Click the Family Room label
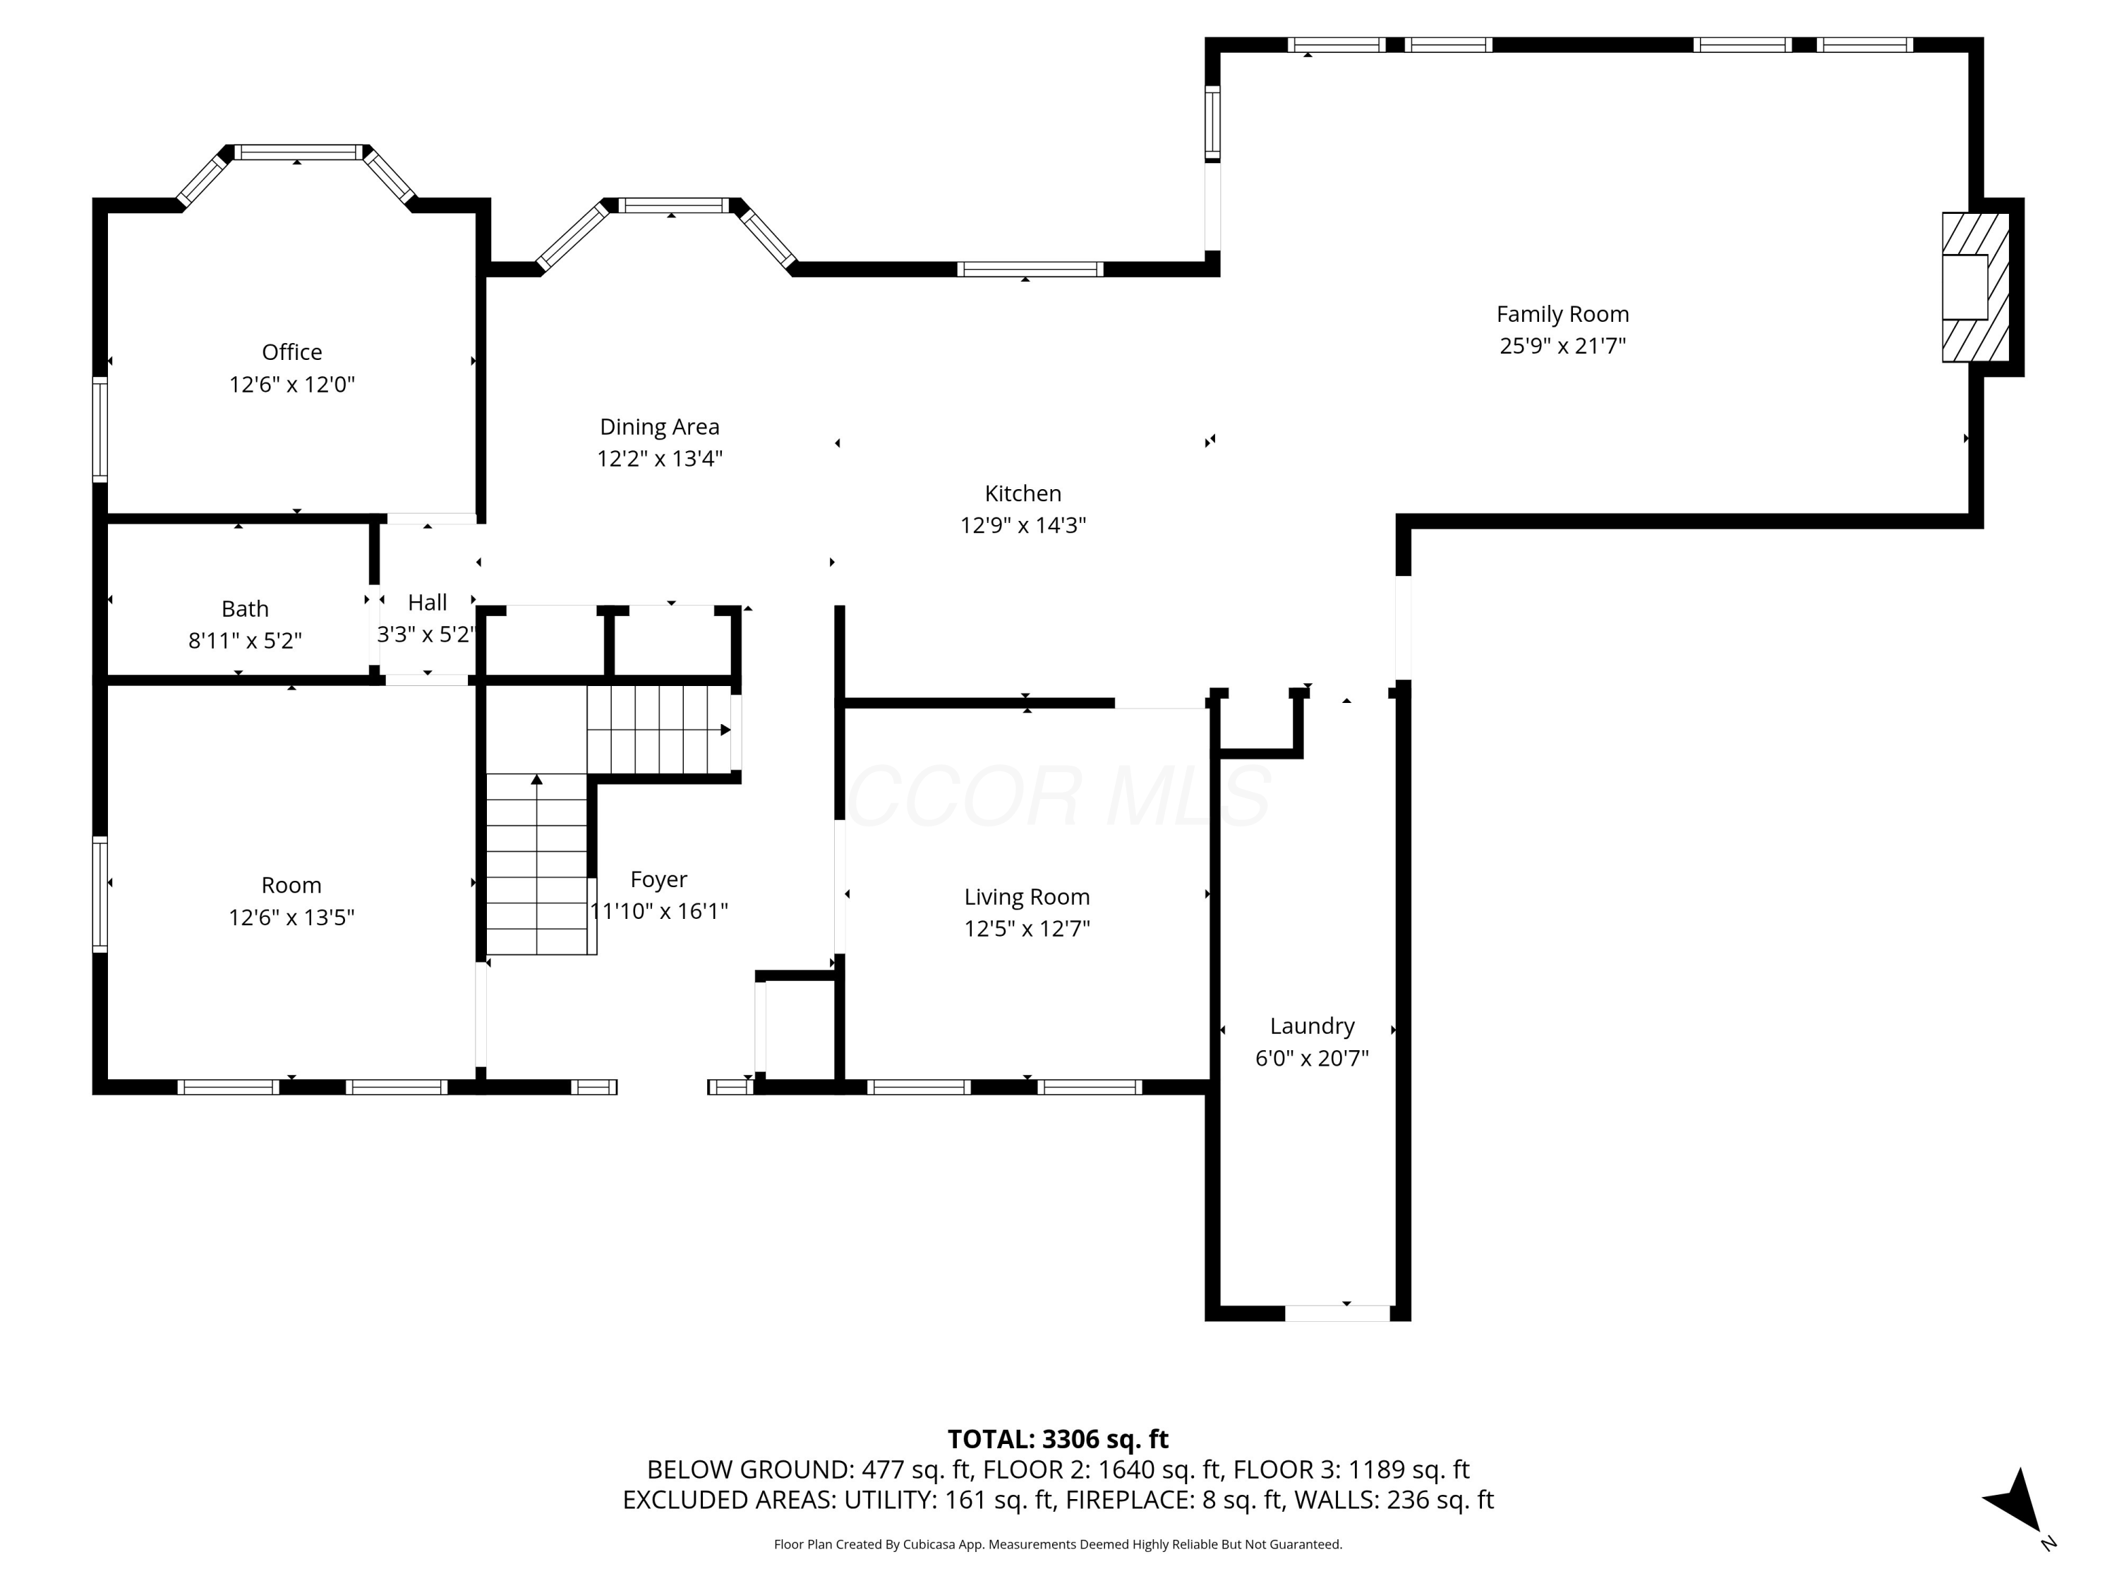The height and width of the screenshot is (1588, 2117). [x=1562, y=314]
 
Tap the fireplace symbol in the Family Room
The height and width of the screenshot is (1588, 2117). [x=1974, y=287]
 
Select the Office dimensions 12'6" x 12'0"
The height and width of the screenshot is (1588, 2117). [x=292, y=385]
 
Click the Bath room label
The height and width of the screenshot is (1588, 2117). [x=245, y=609]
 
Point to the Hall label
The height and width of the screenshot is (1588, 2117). [x=427, y=603]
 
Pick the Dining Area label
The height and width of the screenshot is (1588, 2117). [x=659, y=427]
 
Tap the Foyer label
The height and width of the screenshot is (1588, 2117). [x=658, y=879]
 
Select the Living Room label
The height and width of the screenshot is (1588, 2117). [x=1026, y=897]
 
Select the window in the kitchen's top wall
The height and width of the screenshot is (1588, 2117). [x=1030, y=270]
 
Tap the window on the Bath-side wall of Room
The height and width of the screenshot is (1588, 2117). [x=99, y=894]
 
